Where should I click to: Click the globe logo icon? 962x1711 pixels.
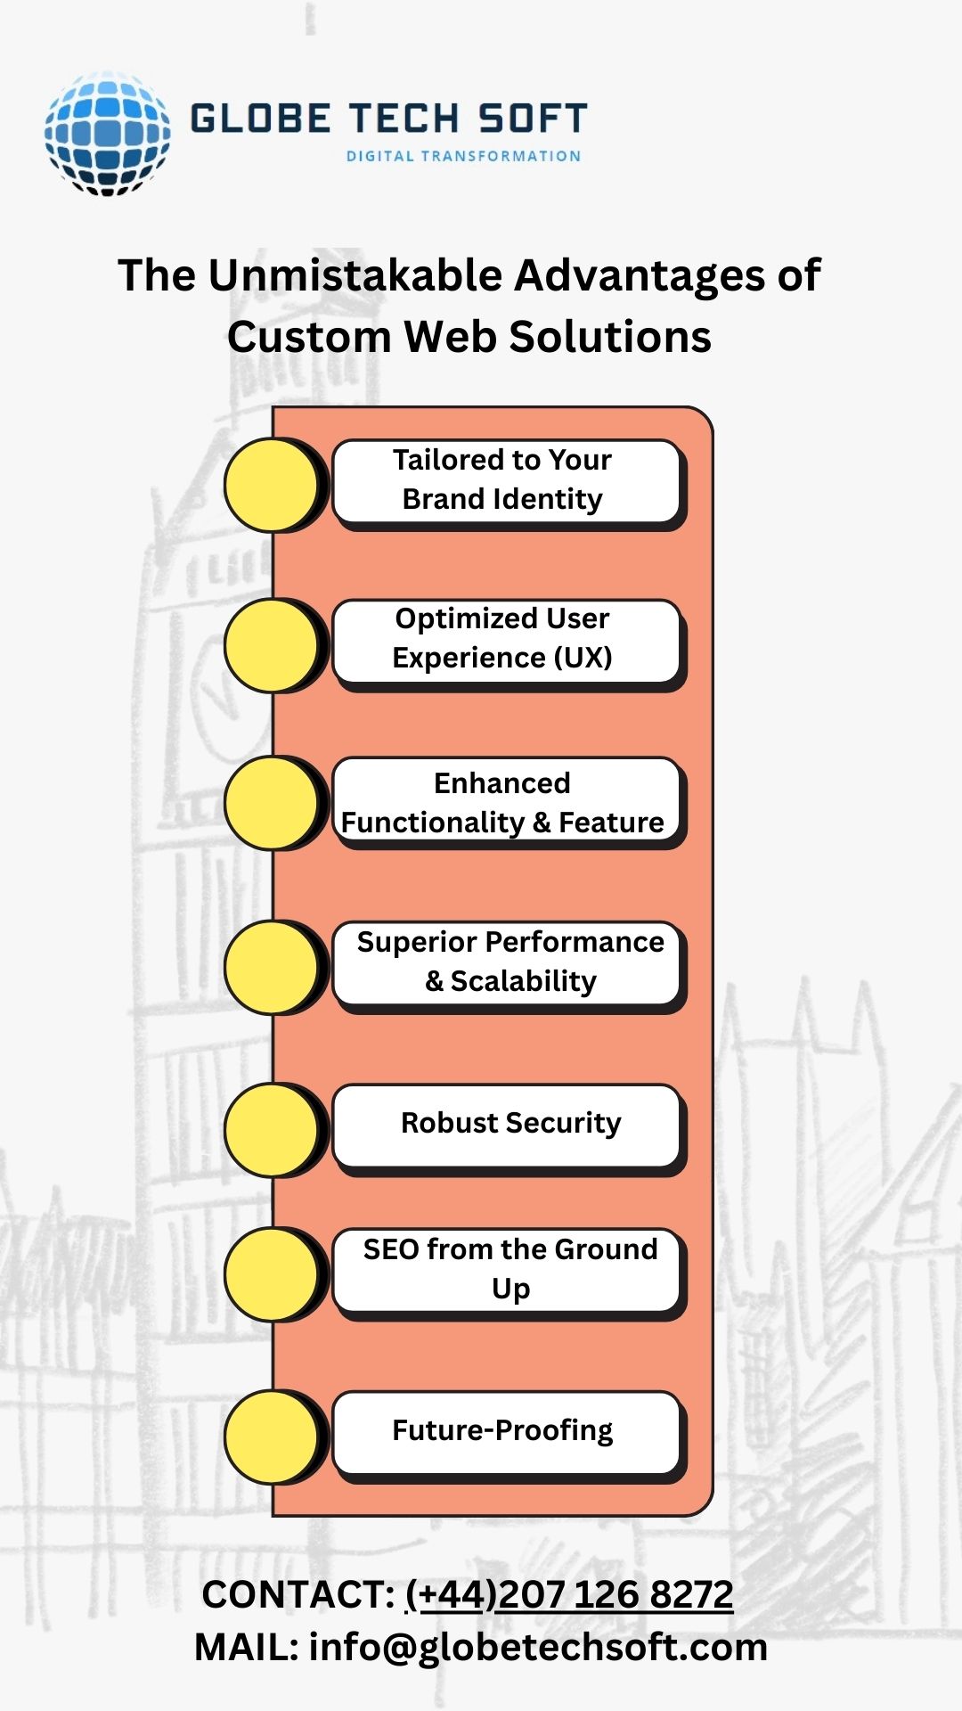[107, 134]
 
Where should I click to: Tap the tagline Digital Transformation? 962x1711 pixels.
[463, 156]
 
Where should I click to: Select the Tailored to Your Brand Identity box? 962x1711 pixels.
[504, 480]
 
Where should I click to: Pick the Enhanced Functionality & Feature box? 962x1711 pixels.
[504, 802]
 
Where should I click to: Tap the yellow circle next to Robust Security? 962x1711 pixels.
[271, 1129]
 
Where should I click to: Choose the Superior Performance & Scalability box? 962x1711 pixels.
[504, 962]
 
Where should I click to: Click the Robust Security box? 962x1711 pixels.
[504, 1124]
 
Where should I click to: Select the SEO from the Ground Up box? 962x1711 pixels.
[504, 1269]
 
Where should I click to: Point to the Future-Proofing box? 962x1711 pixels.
[504, 1431]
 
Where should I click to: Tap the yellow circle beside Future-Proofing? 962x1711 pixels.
[271, 1437]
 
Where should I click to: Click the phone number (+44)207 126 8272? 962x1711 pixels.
[569, 1594]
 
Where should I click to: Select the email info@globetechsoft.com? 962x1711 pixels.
[538, 1647]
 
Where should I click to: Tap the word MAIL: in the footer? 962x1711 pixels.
[246, 1647]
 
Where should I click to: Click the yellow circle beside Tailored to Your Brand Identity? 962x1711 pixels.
[271, 485]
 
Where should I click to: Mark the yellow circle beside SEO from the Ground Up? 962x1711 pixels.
[271, 1274]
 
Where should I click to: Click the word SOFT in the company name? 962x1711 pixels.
[532, 119]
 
